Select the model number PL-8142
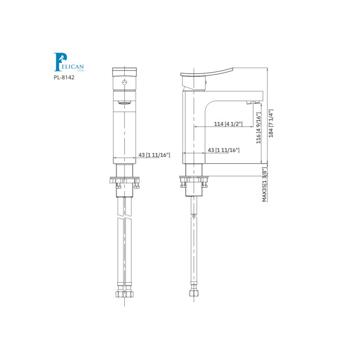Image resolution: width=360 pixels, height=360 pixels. (x=63, y=77)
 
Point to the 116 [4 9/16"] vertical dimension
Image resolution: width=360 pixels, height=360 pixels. (x=258, y=129)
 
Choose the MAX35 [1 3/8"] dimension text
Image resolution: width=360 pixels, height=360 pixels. (x=265, y=184)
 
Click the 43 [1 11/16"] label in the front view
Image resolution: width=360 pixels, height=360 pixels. (x=154, y=155)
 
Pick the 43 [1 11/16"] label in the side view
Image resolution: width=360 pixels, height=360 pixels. (x=223, y=150)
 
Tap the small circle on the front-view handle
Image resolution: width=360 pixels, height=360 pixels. (x=125, y=83)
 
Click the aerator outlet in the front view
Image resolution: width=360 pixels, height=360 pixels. (x=125, y=103)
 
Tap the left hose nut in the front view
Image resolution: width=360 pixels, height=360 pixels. (x=120, y=294)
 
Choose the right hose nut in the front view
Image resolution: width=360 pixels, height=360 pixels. (x=130, y=294)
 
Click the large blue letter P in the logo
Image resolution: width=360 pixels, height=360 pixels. (x=58, y=62)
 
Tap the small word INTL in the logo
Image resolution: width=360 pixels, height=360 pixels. (x=81, y=70)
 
